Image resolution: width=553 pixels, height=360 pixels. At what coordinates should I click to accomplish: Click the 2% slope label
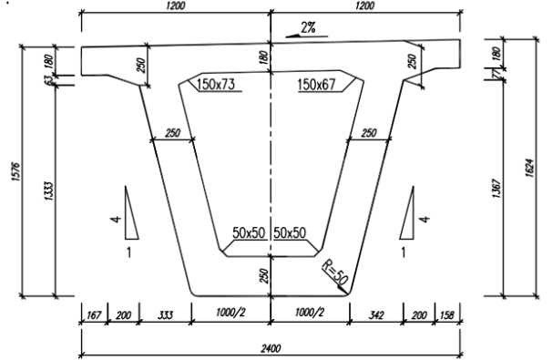309,27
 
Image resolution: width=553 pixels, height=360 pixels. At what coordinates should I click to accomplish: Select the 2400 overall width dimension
271,348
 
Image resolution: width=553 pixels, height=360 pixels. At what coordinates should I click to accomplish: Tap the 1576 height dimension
16,171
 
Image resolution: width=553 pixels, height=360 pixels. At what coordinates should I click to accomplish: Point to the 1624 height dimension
530,168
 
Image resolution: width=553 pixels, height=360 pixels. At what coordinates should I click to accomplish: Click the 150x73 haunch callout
216,85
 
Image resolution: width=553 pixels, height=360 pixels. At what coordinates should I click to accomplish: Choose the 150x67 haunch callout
316,85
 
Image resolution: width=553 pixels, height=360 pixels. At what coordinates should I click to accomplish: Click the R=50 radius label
334,273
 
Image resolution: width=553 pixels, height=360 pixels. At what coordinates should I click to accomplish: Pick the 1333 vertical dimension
48,191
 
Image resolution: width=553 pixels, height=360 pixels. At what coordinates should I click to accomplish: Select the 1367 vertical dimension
496,189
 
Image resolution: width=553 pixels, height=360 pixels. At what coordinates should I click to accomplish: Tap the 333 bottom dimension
165,314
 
